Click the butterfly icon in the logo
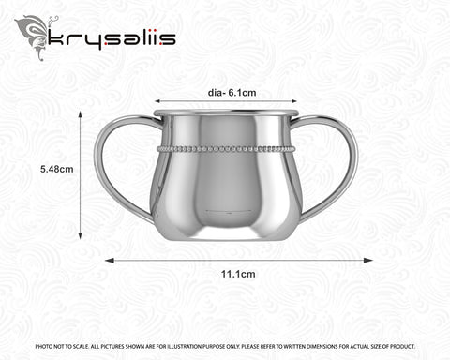34,35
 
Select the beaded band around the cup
225,148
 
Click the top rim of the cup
225,112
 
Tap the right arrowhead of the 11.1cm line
370,261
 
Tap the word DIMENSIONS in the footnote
322,346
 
